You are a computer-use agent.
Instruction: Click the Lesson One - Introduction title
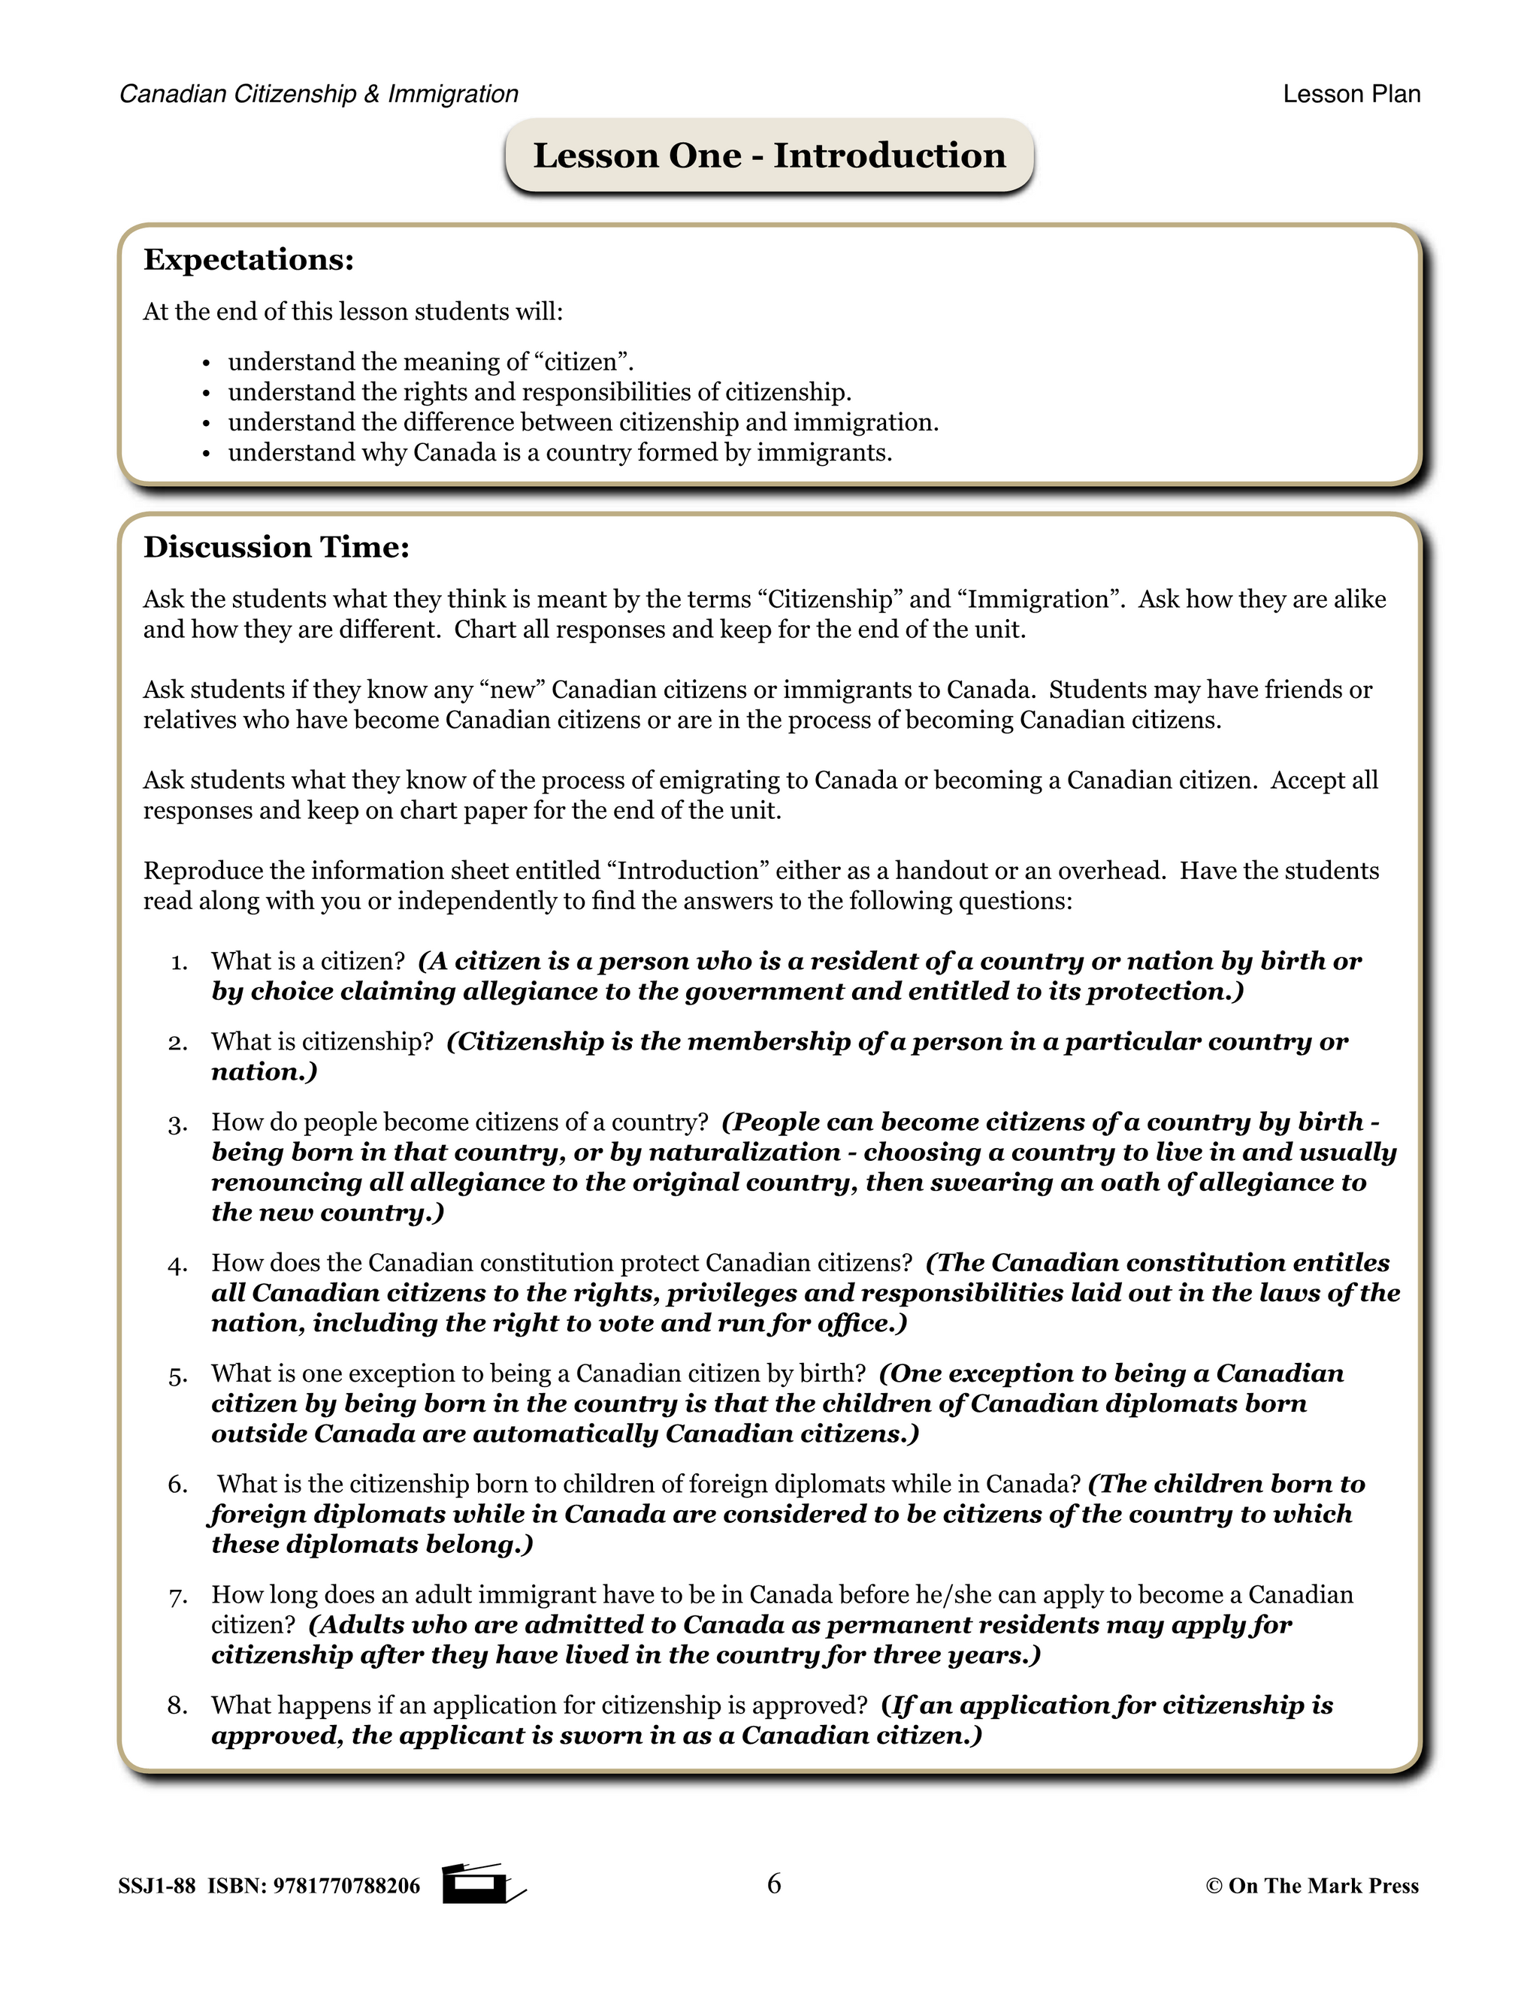[x=769, y=155]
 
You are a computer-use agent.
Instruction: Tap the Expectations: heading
[x=248, y=260]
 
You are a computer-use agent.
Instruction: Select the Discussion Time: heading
[x=277, y=547]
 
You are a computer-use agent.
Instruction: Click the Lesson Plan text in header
[x=1351, y=94]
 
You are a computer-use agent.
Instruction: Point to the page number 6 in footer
[x=774, y=1884]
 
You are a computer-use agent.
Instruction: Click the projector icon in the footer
[x=479, y=1884]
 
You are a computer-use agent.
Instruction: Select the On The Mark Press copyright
[x=1312, y=1886]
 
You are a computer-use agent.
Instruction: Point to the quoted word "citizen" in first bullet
[x=580, y=362]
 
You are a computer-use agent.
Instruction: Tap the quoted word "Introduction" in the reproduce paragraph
[x=688, y=871]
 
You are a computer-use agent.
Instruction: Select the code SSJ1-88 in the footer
[x=156, y=1886]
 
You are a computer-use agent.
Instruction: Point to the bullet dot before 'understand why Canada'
[x=206, y=454]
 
